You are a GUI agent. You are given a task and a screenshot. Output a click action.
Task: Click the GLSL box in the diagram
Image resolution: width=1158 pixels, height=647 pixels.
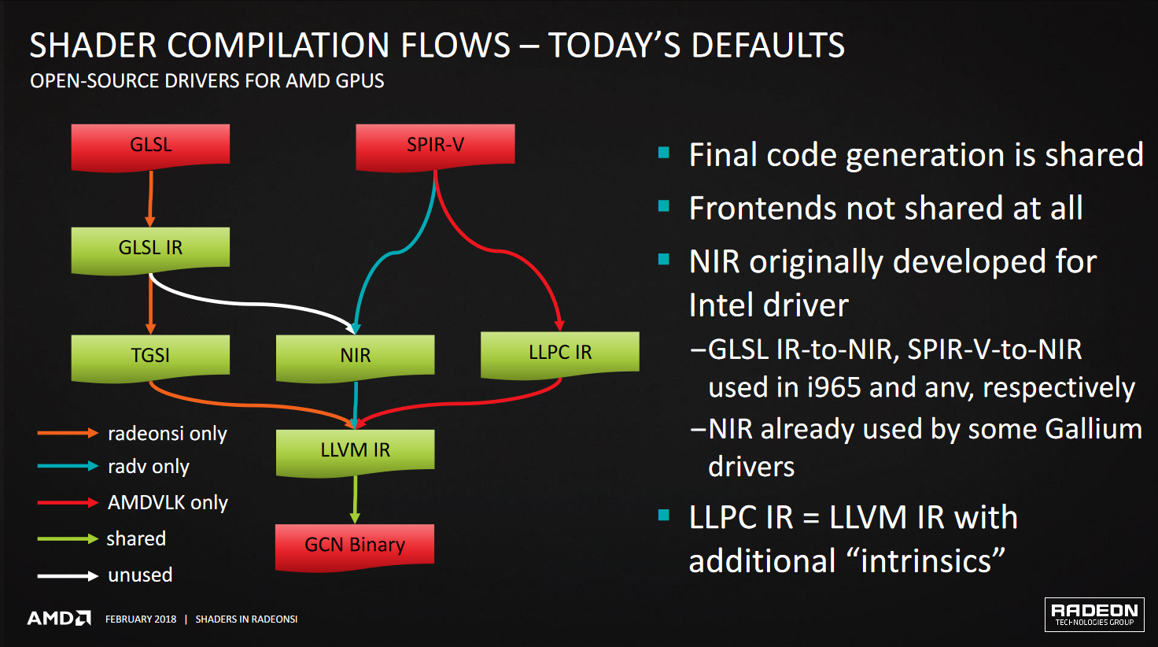coord(150,147)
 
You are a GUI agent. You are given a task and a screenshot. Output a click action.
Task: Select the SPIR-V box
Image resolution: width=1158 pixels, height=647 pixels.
coord(435,147)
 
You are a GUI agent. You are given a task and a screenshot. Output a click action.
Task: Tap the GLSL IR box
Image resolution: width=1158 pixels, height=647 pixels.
coord(150,250)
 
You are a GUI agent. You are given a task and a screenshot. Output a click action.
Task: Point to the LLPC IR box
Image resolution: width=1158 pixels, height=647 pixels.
coord(560,355)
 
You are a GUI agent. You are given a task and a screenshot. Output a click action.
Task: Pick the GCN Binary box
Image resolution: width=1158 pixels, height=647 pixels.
coord(355,548)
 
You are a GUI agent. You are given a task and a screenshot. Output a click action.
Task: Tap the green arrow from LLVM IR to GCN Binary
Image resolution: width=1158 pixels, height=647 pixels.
coord(355,500)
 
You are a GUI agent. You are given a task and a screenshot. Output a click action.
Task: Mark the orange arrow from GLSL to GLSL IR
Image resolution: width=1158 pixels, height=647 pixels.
coord(150,199)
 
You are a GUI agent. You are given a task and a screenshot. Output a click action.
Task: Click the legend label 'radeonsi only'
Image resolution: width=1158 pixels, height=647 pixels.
coord(167,434)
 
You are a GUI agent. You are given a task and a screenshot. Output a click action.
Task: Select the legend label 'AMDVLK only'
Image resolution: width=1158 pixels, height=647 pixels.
coord(168,502)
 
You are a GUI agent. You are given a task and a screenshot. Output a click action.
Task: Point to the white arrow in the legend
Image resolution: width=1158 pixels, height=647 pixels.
coord(68,575)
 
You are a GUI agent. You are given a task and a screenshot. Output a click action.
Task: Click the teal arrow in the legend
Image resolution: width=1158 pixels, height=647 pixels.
coord(68,466)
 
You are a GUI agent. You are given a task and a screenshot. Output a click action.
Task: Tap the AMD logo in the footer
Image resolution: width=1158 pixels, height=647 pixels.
coord(59,619)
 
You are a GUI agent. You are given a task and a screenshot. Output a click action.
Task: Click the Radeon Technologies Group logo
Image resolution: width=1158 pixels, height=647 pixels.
coord(1094,615)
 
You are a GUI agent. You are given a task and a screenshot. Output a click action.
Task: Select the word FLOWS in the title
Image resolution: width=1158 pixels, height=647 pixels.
coord(455,45)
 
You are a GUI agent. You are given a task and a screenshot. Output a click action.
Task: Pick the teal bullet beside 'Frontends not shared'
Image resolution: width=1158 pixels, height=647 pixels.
coord(664,206)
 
